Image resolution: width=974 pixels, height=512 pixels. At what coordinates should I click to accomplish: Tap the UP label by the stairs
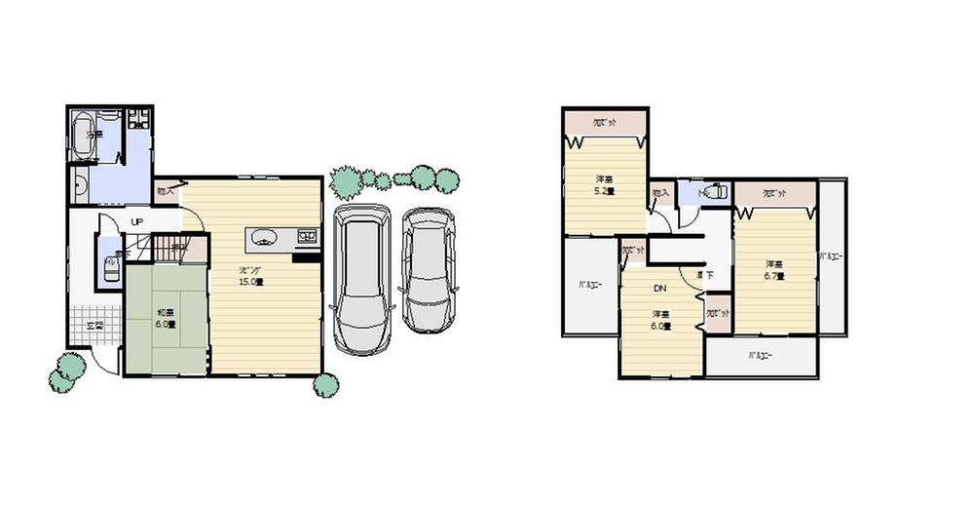[137, 222]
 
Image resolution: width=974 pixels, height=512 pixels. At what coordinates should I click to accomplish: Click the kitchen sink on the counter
[264, 237]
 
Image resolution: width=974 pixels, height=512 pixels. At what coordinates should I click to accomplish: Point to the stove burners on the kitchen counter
[306, 236]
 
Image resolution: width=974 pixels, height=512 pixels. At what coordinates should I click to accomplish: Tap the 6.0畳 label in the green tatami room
[167, 326]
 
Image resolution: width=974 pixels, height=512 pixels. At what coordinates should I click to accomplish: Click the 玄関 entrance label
[94, 325]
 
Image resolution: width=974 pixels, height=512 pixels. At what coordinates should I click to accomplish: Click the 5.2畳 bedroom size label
[605, 192]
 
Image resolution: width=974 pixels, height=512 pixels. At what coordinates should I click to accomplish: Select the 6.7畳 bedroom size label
[774, 276]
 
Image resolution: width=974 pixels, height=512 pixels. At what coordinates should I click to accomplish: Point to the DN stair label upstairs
[659, 289]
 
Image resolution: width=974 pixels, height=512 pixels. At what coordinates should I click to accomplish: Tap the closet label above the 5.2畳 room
[604, 122]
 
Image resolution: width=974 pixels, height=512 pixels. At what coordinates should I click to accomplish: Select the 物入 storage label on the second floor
[659, 193]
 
